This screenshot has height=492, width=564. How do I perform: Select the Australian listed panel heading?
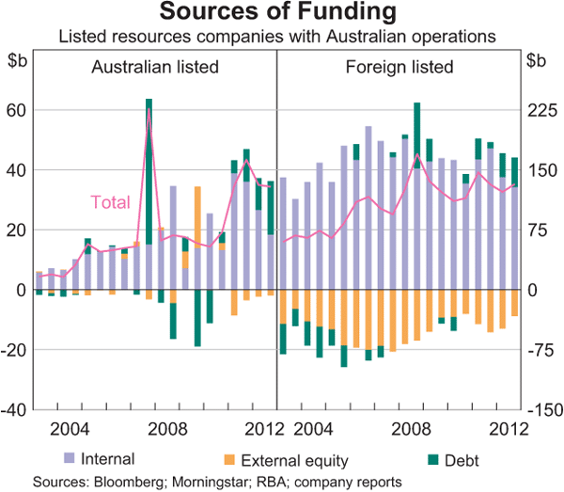(155, 68)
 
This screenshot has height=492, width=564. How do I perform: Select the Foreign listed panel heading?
(399, 68)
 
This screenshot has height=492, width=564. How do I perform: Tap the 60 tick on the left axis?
(17, 110)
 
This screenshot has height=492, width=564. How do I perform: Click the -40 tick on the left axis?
(15, 410)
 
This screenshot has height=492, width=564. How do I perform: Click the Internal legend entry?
(107, 459)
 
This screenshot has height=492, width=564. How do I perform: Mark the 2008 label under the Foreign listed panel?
(415, 430)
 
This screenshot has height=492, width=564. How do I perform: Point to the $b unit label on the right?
(536, 61)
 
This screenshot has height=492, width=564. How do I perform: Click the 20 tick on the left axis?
(17, 230)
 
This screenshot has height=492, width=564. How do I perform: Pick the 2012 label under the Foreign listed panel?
(500, 430)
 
